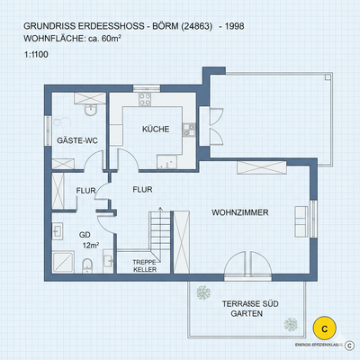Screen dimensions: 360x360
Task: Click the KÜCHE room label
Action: [156, 130]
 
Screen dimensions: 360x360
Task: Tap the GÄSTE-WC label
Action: [76, 141]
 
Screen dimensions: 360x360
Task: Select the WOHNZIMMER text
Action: [239, 213]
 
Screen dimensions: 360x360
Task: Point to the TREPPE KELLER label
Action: [132, 265]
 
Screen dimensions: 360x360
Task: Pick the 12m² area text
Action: [90, 245]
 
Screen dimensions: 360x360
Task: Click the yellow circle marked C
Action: [324, 328]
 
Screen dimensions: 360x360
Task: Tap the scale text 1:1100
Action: [39, 56]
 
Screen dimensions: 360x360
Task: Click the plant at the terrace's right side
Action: [289, 322]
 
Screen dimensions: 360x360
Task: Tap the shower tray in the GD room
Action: [64, 263]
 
